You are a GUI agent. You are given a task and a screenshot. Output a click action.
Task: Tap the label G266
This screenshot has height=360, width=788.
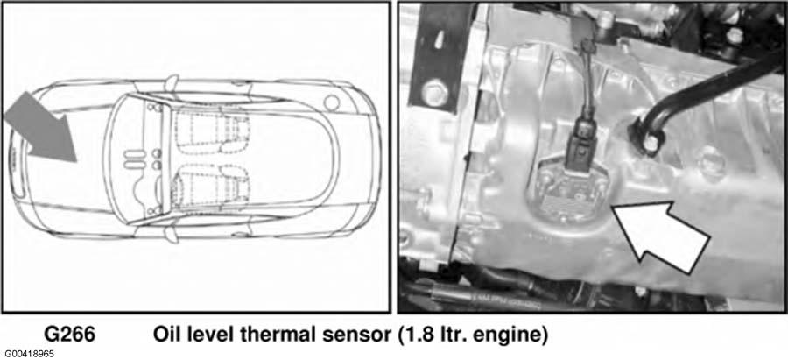(69, 335)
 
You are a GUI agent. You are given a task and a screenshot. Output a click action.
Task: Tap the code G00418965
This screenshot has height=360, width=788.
(27, 354)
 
